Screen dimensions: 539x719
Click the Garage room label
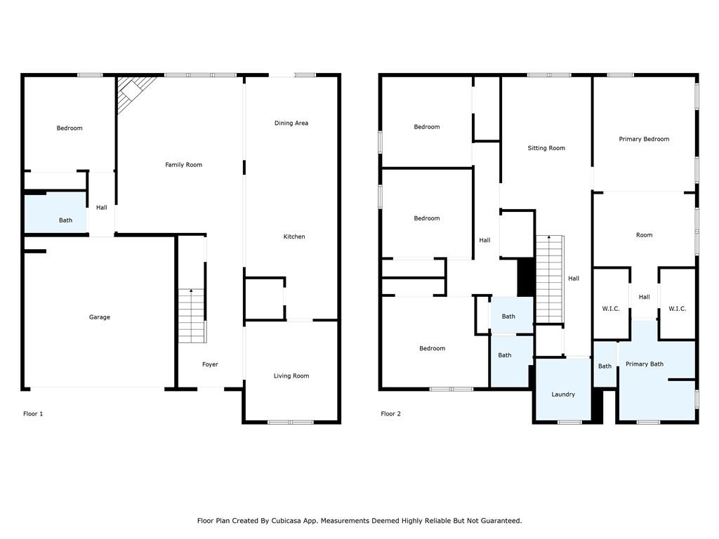[x=99, y=317]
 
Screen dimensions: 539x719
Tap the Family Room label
[x=183, y=165]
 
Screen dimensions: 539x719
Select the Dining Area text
[x=291, y=124]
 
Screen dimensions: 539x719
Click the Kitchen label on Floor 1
[x=293, y=237]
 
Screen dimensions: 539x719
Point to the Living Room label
[x=291, y=376]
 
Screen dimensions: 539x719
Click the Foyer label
[x=210, y=364]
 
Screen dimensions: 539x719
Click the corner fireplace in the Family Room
[x=133, y=91]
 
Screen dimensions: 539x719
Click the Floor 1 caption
[x=33, y=414]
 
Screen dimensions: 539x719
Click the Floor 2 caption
[x=390, y=414]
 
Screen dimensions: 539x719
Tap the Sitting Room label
[x=546, y=148]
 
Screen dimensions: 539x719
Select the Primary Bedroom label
[x=644, y=139]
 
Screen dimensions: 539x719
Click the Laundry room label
[x=563, y=394]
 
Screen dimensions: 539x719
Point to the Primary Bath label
[x=644, y=364]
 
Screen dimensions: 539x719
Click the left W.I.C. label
[x=610, y=309]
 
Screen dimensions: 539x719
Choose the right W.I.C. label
[x=677, y=309]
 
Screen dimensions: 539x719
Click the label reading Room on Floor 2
[x=644, y=235]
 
